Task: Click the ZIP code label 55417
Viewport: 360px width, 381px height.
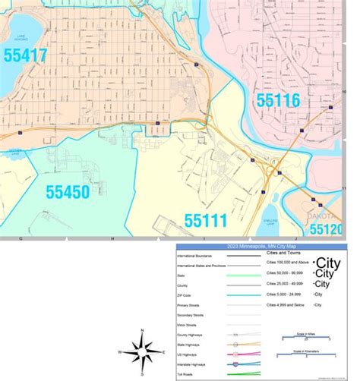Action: tap(37, 55)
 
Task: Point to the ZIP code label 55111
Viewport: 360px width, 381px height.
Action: tap(205, 222)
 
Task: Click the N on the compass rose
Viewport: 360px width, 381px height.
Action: tap(143, 331)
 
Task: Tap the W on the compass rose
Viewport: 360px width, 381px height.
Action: tap(121, 353)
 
